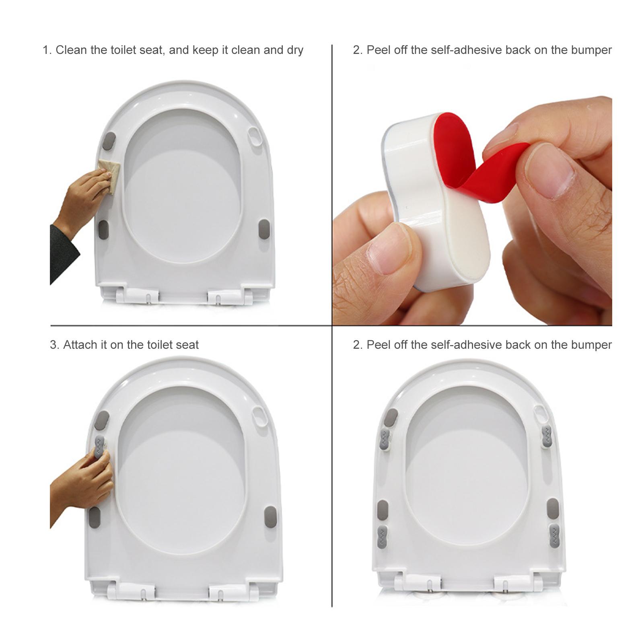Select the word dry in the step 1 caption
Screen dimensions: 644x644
tap(295, 50)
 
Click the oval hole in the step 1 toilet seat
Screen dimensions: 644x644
tap(256, 137)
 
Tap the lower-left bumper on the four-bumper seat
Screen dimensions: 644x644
tap(383, 537)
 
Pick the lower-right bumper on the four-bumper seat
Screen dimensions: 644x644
tap(554, 536)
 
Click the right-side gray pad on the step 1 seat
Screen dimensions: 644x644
tap(263, 229)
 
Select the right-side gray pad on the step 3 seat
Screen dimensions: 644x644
tap(270, 517)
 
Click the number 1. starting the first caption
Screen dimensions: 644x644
tap(47, 50)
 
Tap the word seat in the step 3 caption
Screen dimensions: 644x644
tap(187, 345)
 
